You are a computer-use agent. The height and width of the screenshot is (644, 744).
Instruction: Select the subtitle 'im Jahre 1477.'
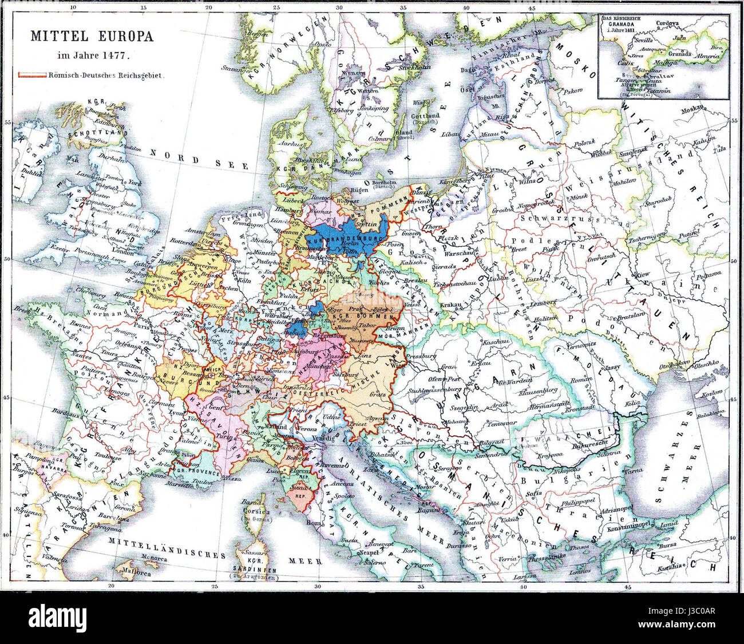coord(93,56)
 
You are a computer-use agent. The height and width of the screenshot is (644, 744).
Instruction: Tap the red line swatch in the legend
coord(32,75)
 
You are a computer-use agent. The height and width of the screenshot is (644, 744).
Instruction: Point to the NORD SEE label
coord(199,159)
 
